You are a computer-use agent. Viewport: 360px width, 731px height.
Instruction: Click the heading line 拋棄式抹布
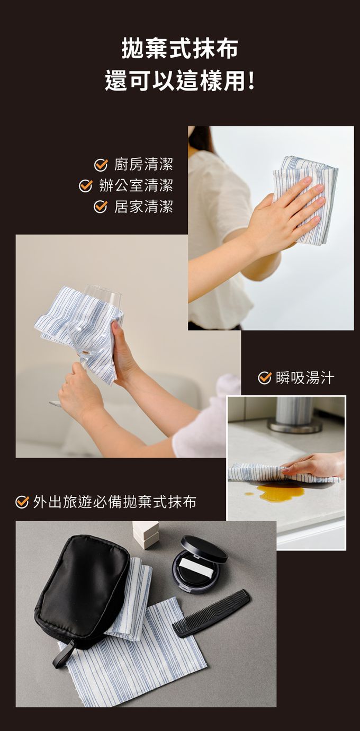point(179,49)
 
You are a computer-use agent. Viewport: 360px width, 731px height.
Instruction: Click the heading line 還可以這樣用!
point(179,81)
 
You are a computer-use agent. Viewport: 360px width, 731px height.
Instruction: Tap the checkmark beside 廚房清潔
point(101,165)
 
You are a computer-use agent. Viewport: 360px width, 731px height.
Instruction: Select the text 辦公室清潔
point(136,186)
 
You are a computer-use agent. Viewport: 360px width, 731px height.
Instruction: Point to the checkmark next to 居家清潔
point(101,207)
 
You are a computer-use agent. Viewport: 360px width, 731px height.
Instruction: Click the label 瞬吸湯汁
point(305,378)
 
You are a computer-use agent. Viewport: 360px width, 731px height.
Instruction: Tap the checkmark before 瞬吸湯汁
point(265,378)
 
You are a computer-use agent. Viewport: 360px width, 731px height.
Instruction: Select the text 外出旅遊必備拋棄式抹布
point(115,502)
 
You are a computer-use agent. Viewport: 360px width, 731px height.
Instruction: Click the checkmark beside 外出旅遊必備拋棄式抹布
point(22,502)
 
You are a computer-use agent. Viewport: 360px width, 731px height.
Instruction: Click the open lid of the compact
point(204,549)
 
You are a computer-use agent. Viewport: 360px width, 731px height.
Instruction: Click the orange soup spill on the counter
point(280,492)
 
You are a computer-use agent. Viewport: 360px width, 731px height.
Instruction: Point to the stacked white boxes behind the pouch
point(146,534)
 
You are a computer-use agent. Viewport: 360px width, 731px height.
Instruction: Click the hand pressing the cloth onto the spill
point(313,464)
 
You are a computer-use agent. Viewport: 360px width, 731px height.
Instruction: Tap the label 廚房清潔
point(143,164)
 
